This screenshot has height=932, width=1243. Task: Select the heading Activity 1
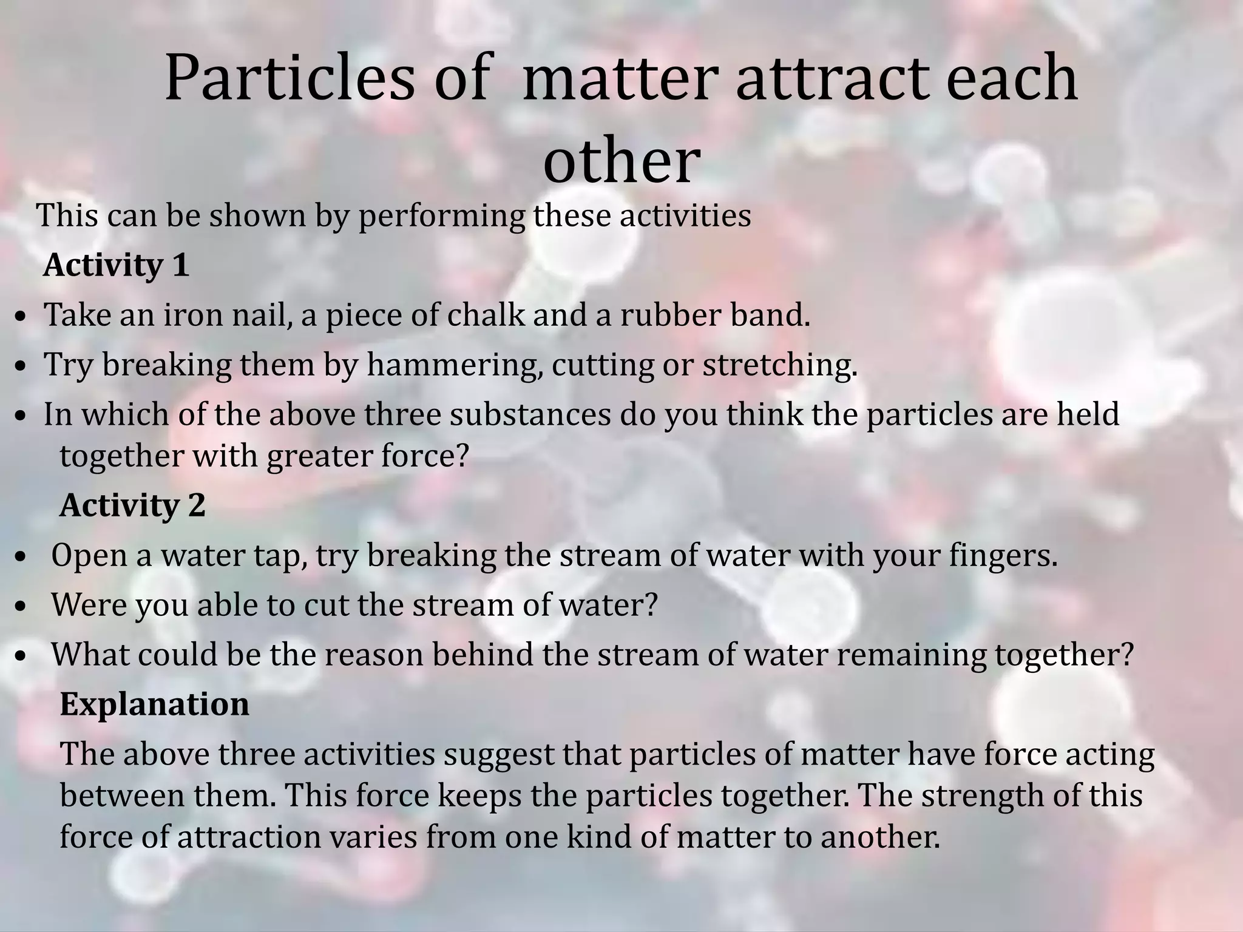(116, 265)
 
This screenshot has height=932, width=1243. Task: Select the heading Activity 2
(132, 505)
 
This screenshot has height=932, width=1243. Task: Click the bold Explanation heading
(154, 704)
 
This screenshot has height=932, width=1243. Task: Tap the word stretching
(780, 365)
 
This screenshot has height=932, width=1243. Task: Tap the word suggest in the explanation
(500, 755)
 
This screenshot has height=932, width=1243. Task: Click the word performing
(442, 217)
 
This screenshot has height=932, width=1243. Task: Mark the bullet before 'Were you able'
(21, 607)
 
